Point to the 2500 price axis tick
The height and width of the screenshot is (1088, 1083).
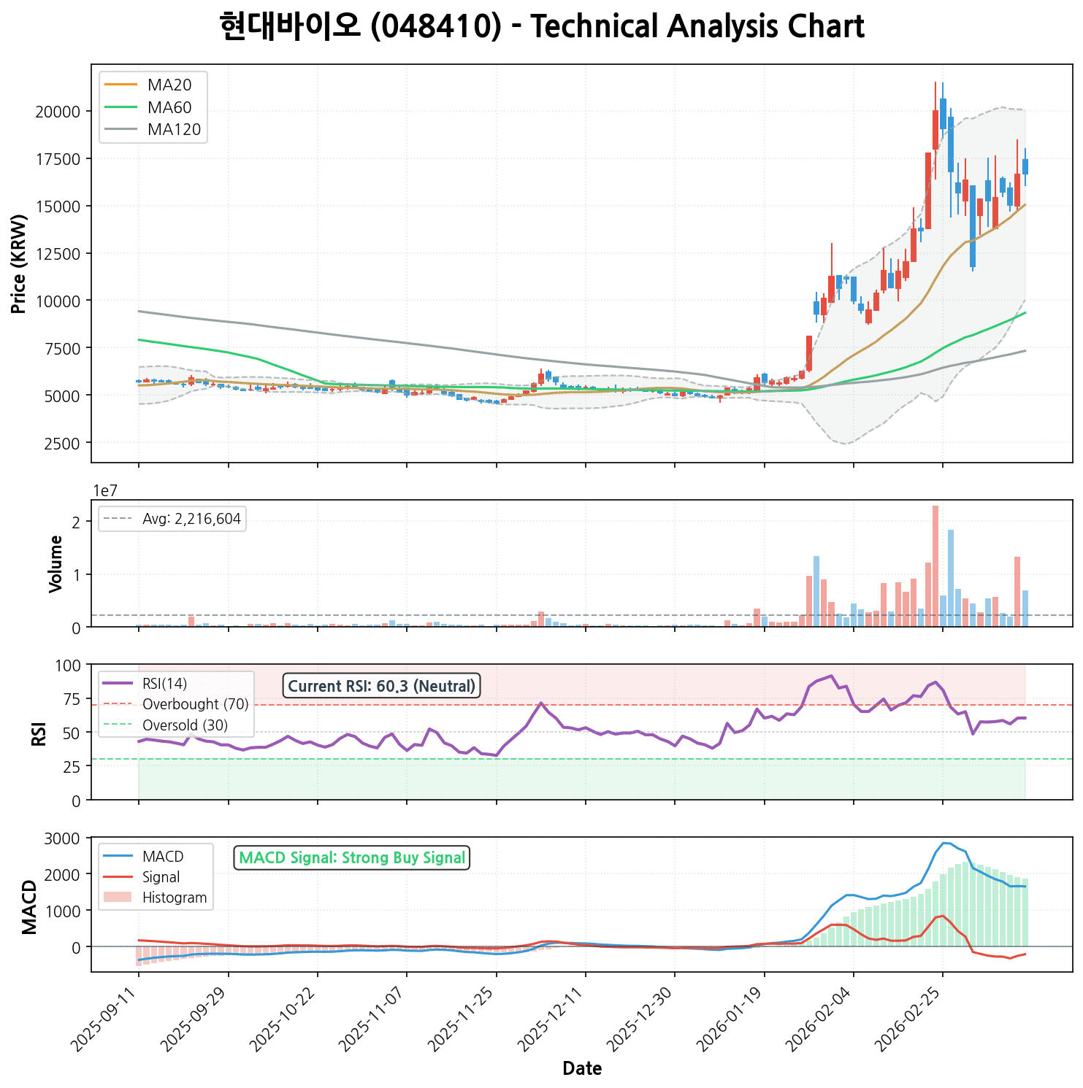click(64, 443)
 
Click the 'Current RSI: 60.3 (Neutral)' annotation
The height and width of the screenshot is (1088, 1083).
click(381, 686)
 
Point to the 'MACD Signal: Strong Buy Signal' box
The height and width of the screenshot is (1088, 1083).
click(352, 857)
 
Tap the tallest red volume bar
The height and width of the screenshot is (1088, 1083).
click(935, 566)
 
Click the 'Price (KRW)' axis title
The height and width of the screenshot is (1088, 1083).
click(20, 264)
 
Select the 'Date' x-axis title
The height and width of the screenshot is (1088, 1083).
click(582, 1069)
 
